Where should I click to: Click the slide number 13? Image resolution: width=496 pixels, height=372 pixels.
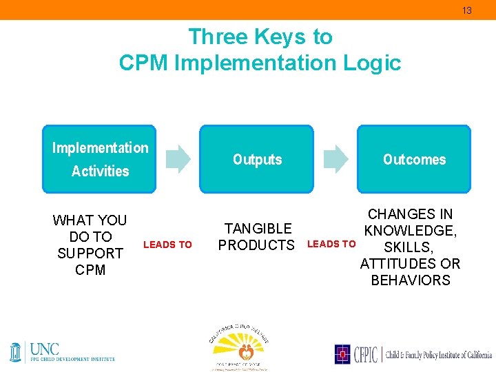point(466,10)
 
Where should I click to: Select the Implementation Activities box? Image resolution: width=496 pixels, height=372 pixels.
point(99,158)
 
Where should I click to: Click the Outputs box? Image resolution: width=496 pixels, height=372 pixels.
point(256,158)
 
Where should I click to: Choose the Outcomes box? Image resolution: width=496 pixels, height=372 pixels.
point(413,158)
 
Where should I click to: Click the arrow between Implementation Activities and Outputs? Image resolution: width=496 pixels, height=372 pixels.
point(179,158)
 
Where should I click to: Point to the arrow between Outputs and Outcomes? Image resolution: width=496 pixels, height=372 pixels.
point(336,158)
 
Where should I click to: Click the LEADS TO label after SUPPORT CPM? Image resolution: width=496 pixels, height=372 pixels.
point(167,245)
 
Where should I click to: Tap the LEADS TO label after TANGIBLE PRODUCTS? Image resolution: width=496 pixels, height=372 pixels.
point(331,244)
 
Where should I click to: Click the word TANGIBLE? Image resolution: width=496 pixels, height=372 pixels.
point(258,228)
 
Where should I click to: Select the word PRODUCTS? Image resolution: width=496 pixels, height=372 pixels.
point(256,245)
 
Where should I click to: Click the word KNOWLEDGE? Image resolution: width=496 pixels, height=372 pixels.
point(409,231)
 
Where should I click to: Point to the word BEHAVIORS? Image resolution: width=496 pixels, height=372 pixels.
point(410,280)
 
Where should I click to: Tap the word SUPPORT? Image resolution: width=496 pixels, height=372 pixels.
point(90,254)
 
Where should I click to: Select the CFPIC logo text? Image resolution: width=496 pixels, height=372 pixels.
point(364,354)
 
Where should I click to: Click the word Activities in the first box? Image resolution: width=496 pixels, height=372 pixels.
point(101,171)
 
